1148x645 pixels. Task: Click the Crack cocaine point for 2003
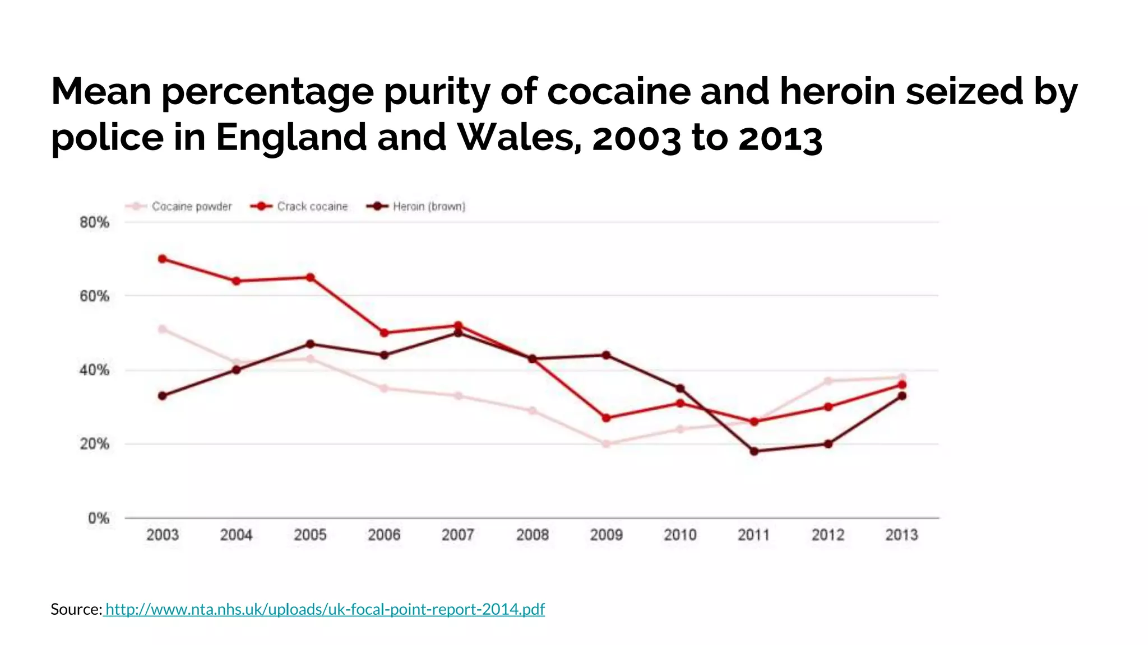tap(163, 259)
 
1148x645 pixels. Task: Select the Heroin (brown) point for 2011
tap(754, 451)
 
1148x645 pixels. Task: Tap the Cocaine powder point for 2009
tap(606, 444)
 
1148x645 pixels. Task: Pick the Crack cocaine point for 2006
tap(384, 333)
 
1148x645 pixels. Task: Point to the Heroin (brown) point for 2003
tap(163, 396)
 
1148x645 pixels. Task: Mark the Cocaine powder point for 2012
tap(828, 381)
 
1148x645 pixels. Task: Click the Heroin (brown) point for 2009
tap(606, 355)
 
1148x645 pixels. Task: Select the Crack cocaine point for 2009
tap(606, 418)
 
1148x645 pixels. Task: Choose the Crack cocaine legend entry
tap(300, 207)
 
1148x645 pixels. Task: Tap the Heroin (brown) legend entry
tap(417, 207)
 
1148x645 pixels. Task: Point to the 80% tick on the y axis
tap(94, 222)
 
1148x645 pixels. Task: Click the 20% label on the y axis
tap(94, 444)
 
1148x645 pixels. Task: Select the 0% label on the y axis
tap(98, 518)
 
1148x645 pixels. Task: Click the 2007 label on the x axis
tap(457, 535)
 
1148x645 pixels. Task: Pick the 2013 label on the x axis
tap(901, 535)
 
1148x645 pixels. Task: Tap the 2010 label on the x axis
tap(680, 535)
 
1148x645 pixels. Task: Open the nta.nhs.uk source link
tap(325, 609)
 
